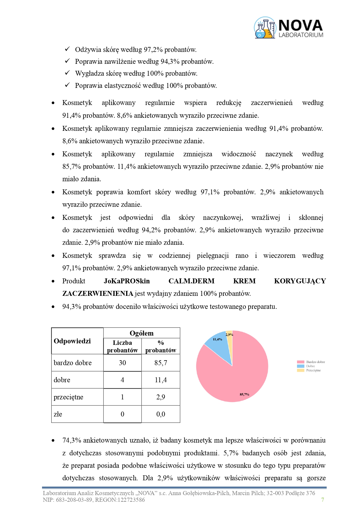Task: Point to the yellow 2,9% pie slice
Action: (229, 338)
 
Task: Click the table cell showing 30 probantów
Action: (122, 363)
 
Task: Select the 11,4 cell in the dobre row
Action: (161, 380)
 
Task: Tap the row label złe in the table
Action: (58, 414)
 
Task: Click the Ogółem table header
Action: (142, 333)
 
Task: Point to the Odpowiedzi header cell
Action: (72, 341)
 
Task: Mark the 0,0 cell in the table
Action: (161, 414)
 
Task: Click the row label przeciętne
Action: (68, 397)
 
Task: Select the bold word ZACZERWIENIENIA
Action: (98, 294)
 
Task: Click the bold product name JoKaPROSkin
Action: (127, 281)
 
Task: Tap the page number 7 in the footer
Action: (323, 500)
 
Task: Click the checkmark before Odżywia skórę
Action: (67, 49)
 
